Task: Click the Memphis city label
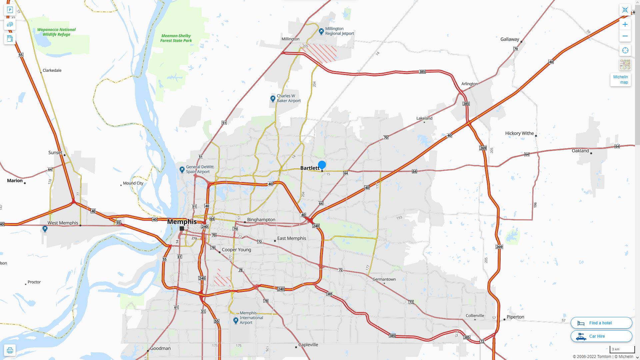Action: tap(182, 222)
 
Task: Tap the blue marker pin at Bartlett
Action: tap(322, 165)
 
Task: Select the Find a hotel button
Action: tap(601, 323)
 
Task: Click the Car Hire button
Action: tap(601, 336)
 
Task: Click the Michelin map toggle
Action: tap(620, 80)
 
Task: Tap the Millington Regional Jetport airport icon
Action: tap(321, 31)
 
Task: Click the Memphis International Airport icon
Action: tap(236, 320)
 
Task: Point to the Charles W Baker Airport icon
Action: tap(273, 99)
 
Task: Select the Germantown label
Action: tap(384, 279)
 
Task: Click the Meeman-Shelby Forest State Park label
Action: tap(176, 38)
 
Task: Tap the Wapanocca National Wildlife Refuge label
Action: tap(56, 32)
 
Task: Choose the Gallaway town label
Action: tap(509, 39)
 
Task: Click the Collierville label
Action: tap(475, 316)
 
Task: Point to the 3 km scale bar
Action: tap(622, 349)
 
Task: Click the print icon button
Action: tap(10, 350)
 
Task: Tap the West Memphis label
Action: tap(63, 223)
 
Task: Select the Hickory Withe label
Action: tap(519, 133)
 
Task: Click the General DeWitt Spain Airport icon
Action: tap(182, 170)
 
